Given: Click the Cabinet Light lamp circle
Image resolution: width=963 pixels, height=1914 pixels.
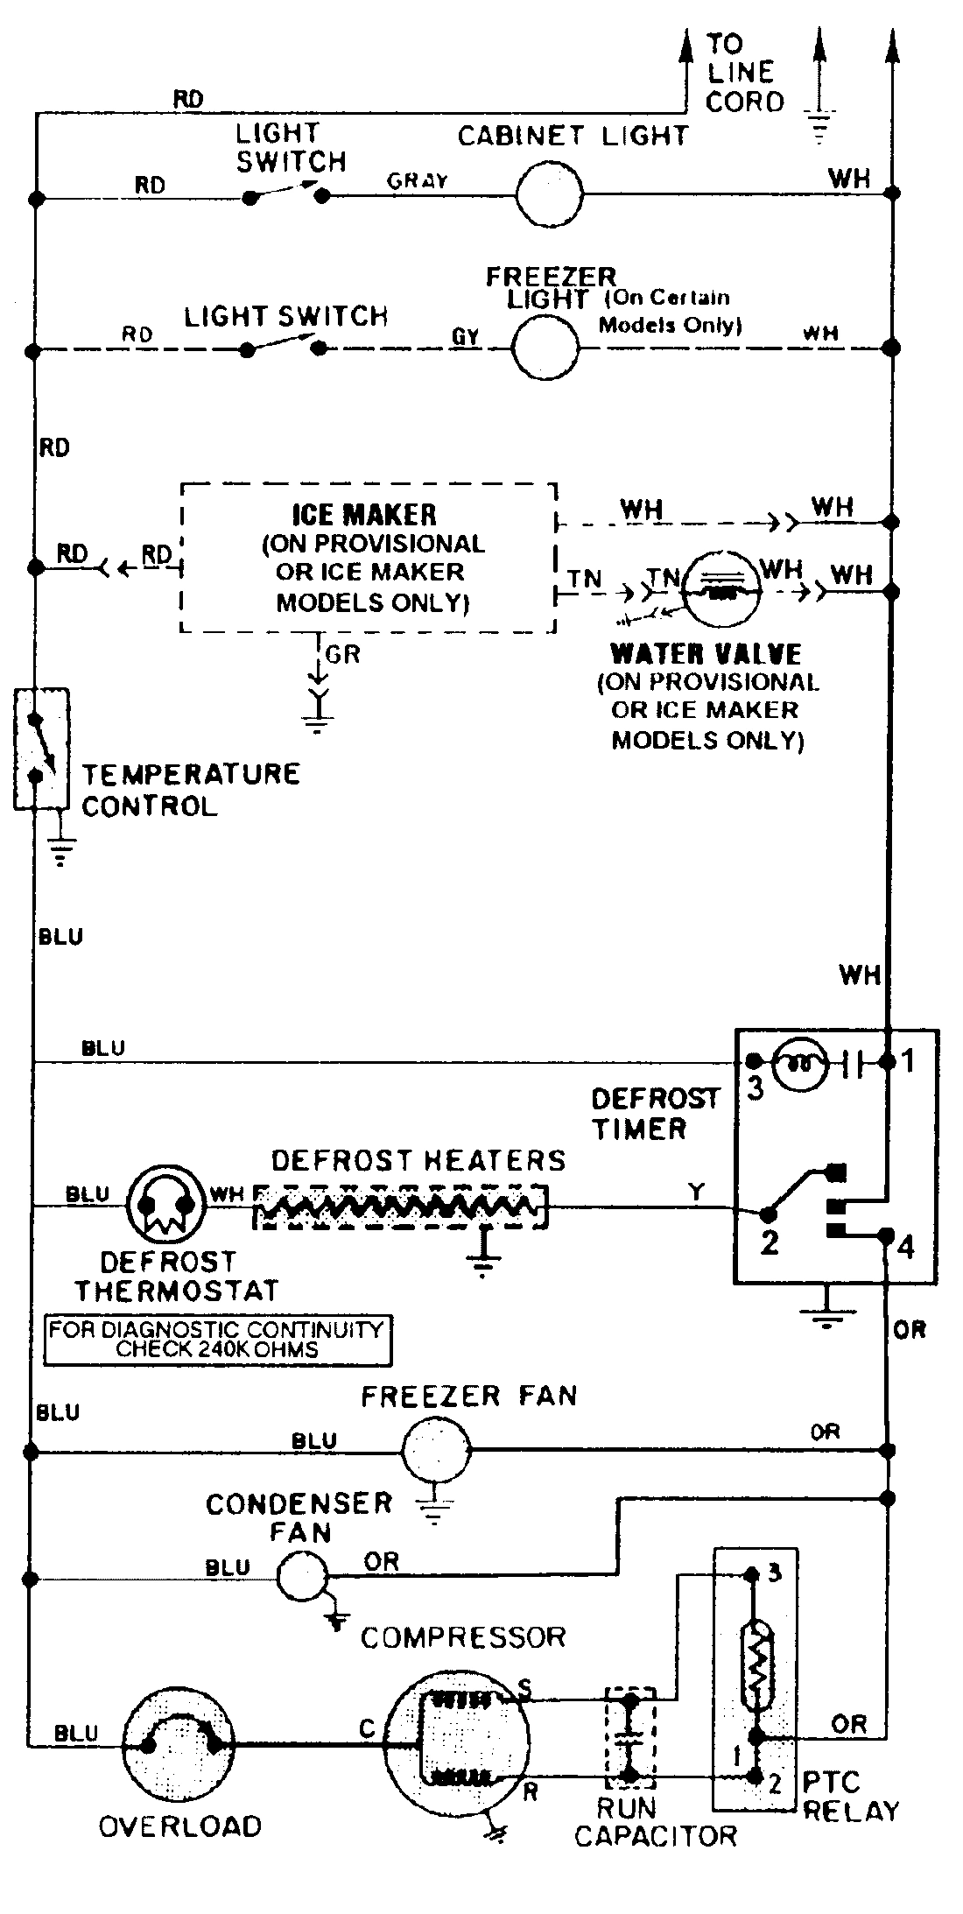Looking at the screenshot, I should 549,193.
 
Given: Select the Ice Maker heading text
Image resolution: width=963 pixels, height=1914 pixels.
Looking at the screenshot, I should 364,515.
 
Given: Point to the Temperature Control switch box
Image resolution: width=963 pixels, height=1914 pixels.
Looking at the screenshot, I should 41,749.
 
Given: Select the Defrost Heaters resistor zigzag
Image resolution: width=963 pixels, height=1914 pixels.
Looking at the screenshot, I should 399,1207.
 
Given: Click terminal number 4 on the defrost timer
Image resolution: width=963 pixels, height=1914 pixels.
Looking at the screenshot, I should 906,1247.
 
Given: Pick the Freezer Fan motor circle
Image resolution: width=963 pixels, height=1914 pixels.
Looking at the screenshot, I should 436,1451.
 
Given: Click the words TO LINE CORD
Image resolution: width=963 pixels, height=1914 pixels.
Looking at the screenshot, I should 744,73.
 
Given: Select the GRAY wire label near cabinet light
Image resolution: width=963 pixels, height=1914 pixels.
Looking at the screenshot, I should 418,181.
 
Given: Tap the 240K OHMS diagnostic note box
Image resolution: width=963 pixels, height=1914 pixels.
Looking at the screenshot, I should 217,1340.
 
